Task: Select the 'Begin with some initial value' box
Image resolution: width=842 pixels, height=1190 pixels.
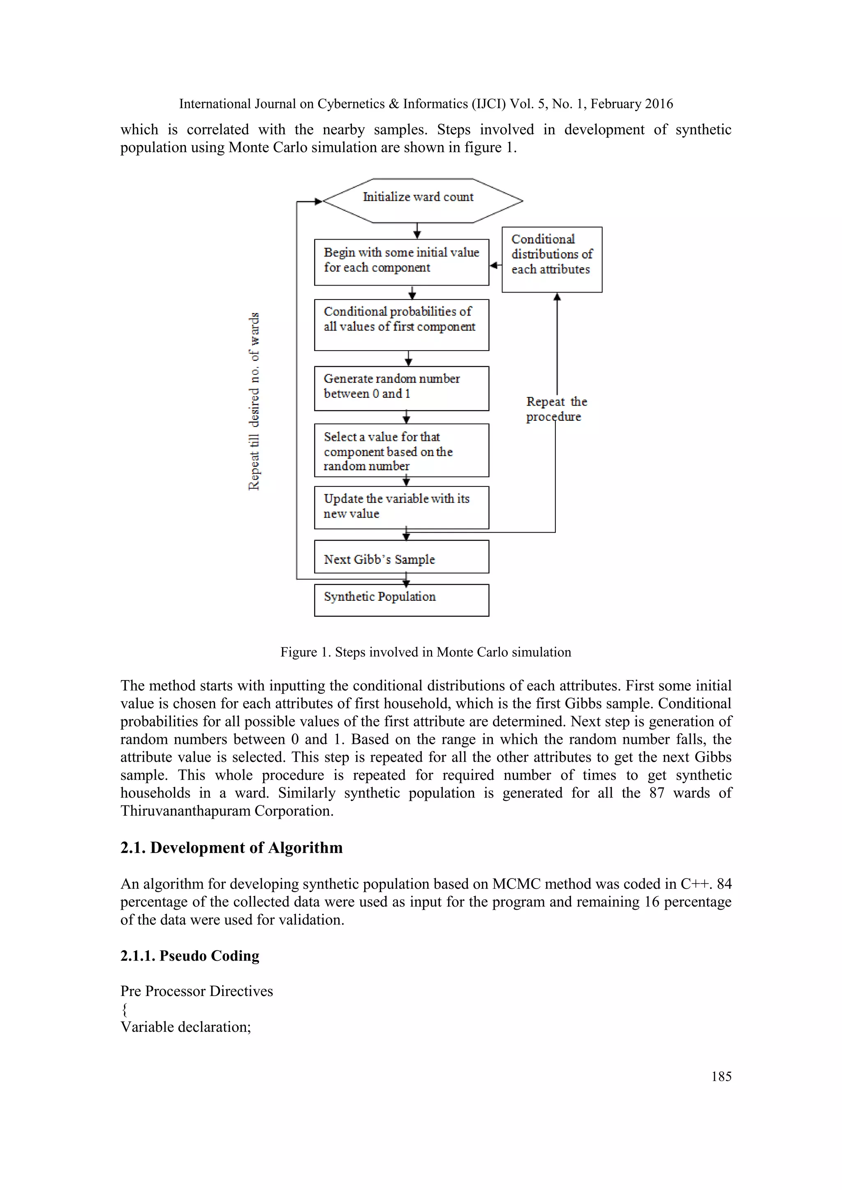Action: [x=401, y=262]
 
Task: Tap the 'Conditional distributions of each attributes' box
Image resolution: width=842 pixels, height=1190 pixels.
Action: [x=552, y=259]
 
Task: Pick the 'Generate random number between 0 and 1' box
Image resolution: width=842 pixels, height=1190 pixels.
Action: [x=401, y=388]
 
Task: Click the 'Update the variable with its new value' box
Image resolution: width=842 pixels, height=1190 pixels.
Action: [x=401, y=507]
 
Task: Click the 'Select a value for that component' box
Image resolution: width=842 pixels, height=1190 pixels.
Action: [x=401, y=450]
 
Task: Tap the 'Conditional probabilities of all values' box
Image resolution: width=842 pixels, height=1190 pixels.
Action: [x=401, y=325]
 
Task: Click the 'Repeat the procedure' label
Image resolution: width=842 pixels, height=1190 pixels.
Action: [x=556, y=409]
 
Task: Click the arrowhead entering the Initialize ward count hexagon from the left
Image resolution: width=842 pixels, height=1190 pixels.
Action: [x=318, y=201]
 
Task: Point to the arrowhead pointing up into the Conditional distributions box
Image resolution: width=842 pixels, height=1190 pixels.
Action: [x=557, y=297]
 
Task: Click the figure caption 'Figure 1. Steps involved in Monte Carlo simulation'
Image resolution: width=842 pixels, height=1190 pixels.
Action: [x=426, y=652]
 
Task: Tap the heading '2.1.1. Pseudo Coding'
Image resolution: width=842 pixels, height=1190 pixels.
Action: [x=190, y=955]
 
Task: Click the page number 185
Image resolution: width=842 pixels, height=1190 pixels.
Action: [x=721, y=1076]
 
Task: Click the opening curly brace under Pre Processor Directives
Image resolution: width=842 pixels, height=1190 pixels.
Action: [x=125, y=1009]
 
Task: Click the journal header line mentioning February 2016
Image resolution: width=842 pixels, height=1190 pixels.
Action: [x=426, y=104]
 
